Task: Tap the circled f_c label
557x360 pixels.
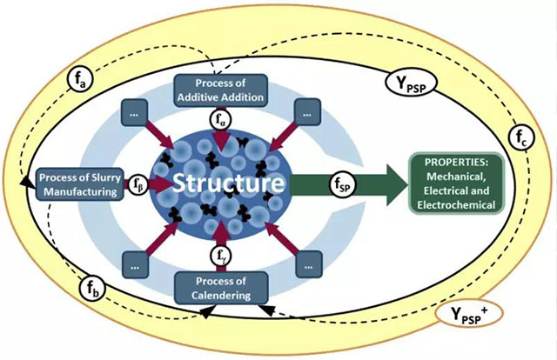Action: [520, 137]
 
